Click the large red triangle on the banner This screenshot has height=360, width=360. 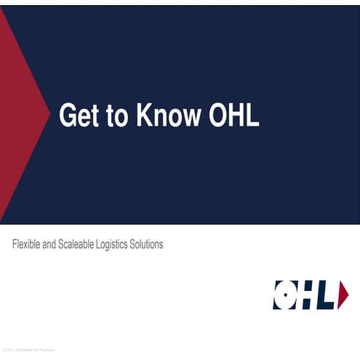(x=18, y=116)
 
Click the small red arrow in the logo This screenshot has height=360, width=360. (x=343, y=295)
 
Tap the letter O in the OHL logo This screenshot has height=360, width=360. (x=284, y=295)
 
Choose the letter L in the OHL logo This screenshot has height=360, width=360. (x=328, y=295)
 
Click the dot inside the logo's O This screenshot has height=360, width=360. (x=284, y=295)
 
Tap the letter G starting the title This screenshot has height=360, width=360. (x=67, y=116)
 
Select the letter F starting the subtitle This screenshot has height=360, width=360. (x=15, y=244)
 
